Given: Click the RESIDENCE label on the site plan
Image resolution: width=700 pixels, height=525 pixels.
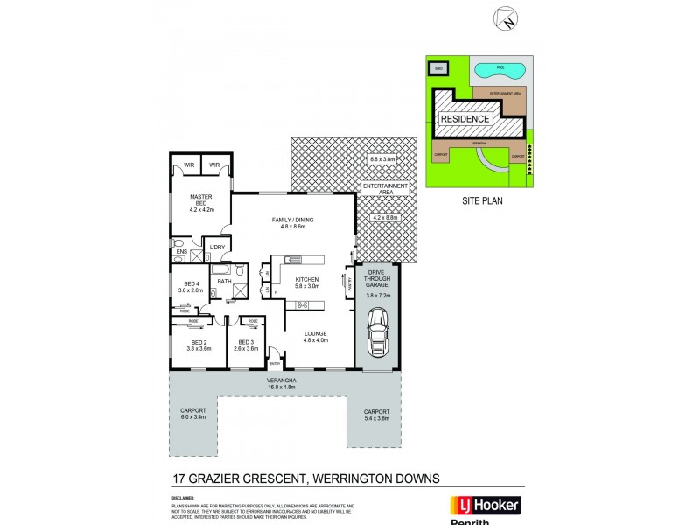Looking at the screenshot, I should point(465,118).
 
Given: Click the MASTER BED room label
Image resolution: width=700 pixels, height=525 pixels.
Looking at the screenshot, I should point(202,201).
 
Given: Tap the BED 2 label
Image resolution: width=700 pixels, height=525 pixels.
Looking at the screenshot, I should point(199,343).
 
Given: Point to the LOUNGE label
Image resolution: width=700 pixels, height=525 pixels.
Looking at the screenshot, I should point(315,333).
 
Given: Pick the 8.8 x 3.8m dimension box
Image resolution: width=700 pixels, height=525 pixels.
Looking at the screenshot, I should point(383,159).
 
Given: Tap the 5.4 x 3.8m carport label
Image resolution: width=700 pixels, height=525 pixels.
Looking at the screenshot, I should point(375,416).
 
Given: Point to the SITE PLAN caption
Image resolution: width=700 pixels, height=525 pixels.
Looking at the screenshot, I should point(479,200).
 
